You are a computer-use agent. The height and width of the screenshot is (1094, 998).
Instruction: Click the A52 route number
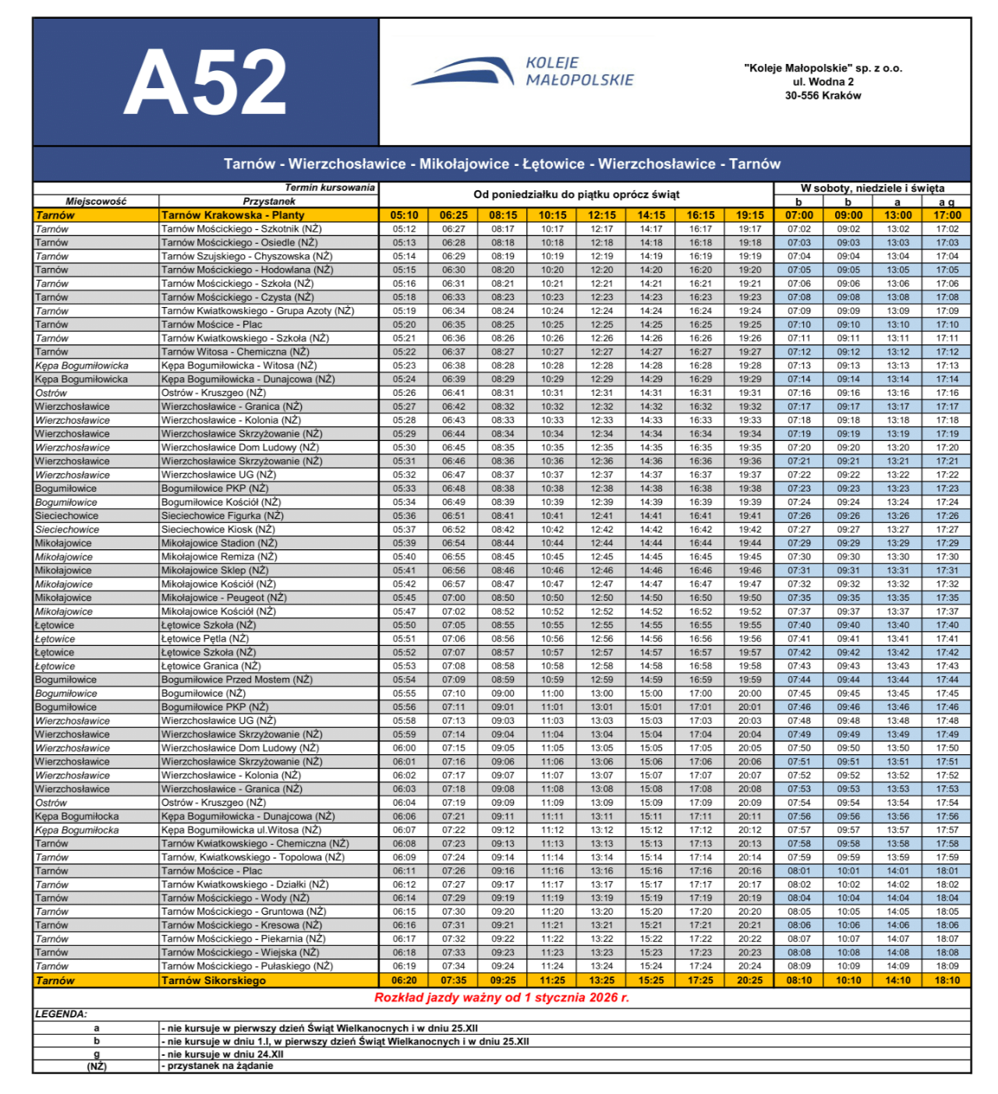pos(205,82)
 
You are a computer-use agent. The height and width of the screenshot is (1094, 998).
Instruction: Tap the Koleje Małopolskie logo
pos(522,72)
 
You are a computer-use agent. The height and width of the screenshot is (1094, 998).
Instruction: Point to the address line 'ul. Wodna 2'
pos(823,82)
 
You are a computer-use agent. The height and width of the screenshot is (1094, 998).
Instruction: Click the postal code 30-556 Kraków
pos(823,96)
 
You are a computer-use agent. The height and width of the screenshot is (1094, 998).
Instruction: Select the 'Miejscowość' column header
pos(96,201)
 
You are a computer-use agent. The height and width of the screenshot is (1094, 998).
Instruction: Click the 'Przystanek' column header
pos(269,201)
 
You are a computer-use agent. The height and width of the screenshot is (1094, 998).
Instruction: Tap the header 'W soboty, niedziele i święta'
pos(872,189)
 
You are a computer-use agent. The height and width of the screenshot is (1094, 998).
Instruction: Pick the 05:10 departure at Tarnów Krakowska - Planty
pos(404,215)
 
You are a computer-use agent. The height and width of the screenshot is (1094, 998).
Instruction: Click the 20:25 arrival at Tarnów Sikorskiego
pos(749,980)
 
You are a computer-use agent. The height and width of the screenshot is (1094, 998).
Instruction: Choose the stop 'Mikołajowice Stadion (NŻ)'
pos(219,543)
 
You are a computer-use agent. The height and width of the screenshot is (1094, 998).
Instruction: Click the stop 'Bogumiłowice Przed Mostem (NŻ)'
pos(236,679)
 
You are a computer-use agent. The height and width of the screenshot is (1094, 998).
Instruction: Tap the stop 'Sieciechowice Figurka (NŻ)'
pos(222,516)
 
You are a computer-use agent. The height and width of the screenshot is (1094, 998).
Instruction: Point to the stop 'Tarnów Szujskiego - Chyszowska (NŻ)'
pos(246,256)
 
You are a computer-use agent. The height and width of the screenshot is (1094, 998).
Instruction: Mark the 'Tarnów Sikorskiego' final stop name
pos(213,980)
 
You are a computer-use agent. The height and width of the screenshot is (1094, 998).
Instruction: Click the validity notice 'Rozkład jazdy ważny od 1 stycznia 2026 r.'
pos(501,997)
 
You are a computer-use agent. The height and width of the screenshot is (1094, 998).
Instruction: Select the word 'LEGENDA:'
pos(61,1015)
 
